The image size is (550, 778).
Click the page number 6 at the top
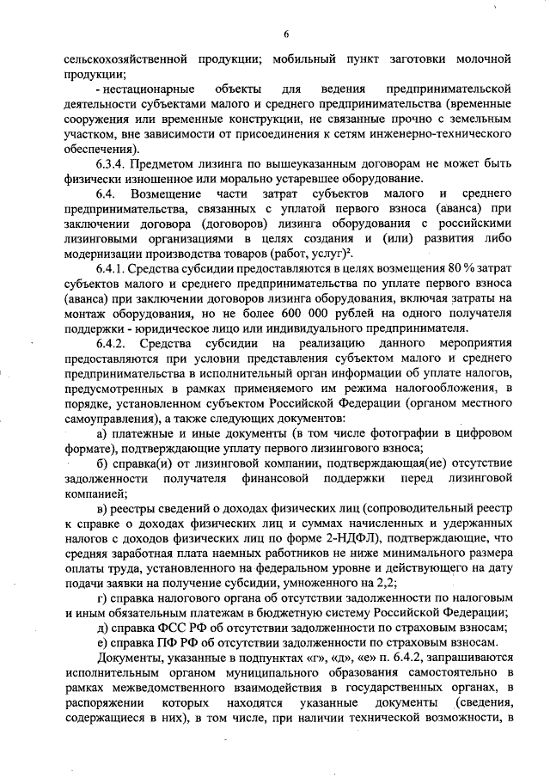(x=286, y=34)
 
